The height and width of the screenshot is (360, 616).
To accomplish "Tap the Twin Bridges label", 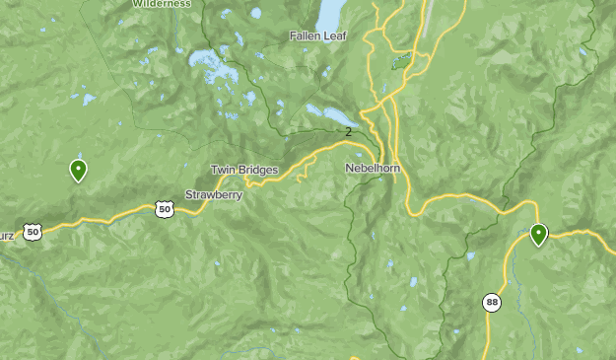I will coord(244,171).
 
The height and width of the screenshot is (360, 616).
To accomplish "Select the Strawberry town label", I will coord(214,194).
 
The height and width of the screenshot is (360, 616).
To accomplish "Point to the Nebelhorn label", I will coord(372,169).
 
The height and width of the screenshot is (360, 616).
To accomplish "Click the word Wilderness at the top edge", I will coord(161,4).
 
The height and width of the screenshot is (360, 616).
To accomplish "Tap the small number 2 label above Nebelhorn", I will coord(348,131).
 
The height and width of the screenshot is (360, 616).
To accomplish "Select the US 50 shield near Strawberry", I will coord(165,208).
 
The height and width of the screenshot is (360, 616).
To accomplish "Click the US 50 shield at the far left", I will coord(34,232).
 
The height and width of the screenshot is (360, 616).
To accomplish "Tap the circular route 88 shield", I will coord(490,302).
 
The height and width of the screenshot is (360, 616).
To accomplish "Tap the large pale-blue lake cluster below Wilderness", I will coord(211,66).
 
